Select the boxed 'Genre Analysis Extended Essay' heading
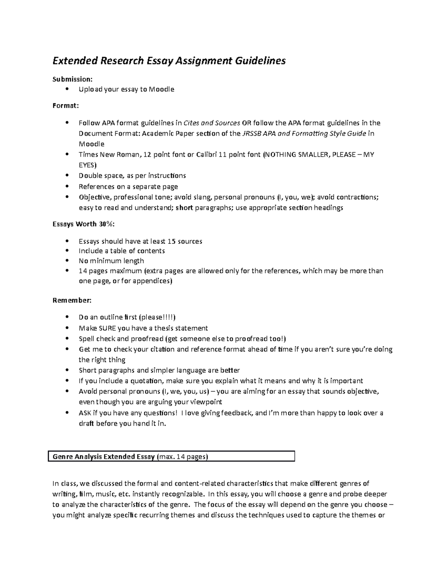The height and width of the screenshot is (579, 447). (x=104, y=457)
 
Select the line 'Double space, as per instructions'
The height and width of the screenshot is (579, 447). (x=132, y=176)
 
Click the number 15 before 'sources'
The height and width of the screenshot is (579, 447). (x=172, y=241)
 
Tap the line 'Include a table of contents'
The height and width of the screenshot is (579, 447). (x=122, y=251)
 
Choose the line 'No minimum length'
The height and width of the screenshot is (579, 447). (x=111, y=261)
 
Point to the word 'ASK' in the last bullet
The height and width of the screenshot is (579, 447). (x=85, y=413)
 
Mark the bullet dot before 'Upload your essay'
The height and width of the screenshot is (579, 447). (x=67, y=89)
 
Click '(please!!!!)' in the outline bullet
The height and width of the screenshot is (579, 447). (x=157, y=317)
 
